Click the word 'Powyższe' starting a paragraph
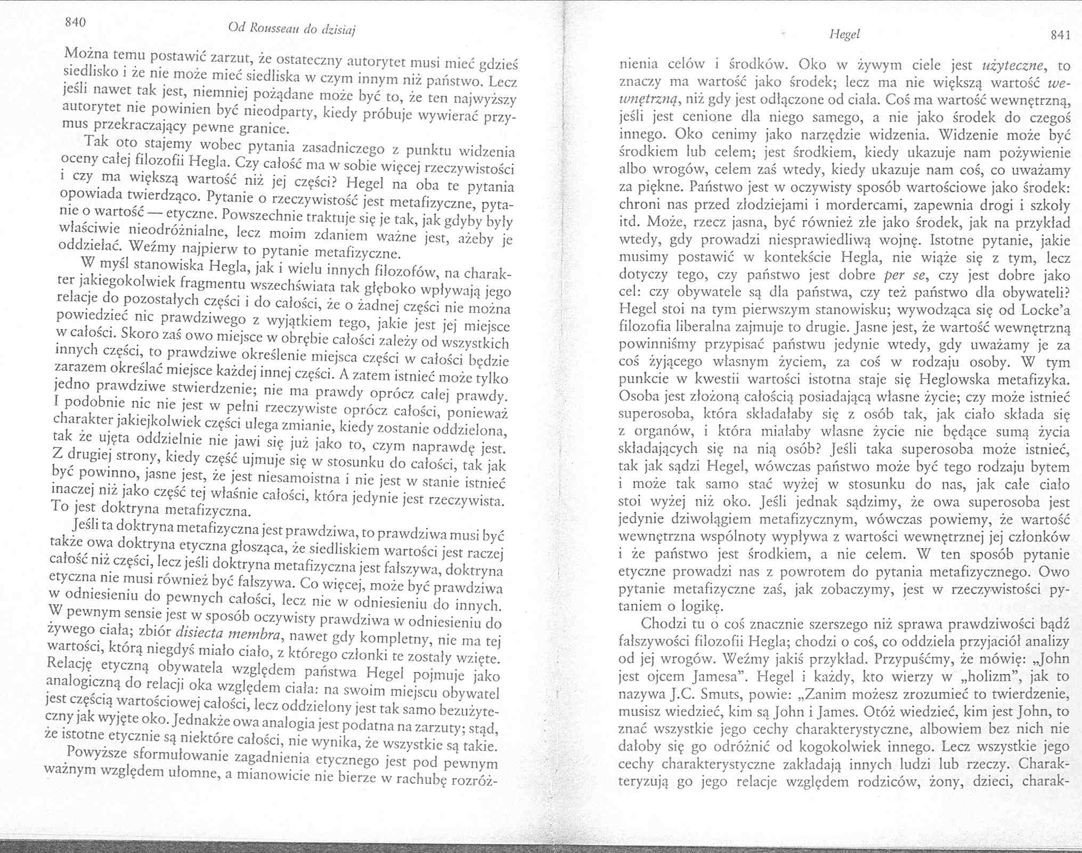click(x=96, y=752)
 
